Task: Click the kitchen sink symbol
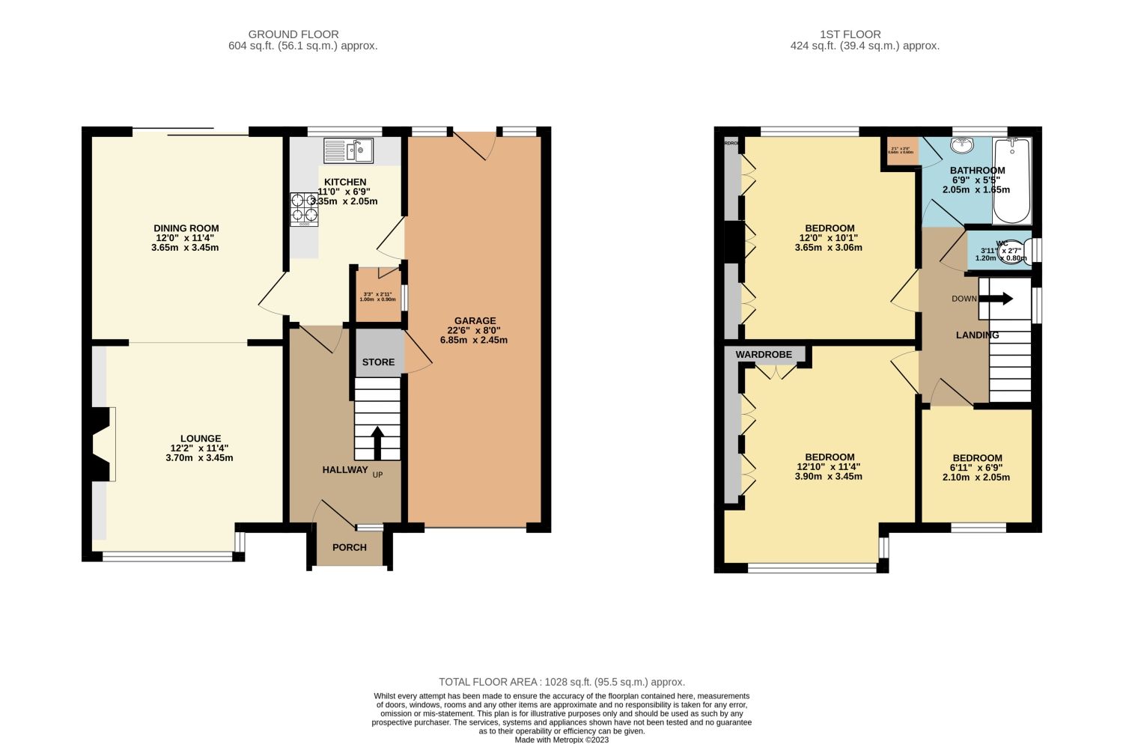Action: point(348,151)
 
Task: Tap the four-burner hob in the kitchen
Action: point(304,209)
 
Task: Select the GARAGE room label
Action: point(475,320)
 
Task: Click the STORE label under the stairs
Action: point(378,362)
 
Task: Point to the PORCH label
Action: point(350,547)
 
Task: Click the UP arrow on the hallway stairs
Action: point(377,442)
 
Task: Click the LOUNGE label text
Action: point(201,439)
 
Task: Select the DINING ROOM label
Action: point(186,228)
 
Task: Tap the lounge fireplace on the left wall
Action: point(102,444)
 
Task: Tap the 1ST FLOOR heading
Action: point(850,34)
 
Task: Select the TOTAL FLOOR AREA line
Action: point(561,682)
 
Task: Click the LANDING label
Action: point(977,335)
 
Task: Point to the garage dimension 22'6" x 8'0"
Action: point(475,330)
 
